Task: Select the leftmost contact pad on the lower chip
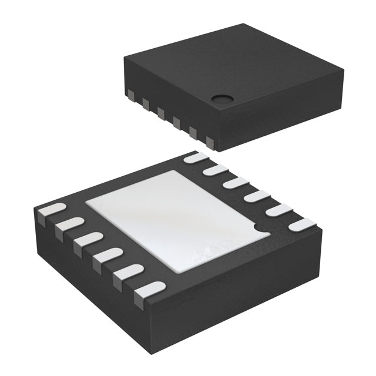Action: [51, 211]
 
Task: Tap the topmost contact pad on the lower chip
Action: [196, 157]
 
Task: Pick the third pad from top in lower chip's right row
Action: [235, 183]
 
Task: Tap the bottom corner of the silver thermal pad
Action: [176, 270]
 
